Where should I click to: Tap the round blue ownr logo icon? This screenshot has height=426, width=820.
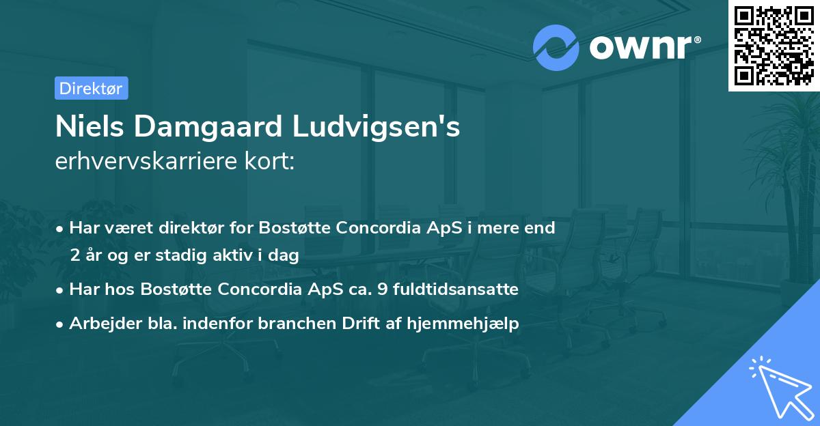[556, 47]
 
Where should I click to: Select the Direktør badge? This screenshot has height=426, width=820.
[91, 88]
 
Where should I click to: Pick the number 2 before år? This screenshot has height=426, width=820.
[74, 256]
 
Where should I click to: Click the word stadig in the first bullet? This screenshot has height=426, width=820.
[193, 256]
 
